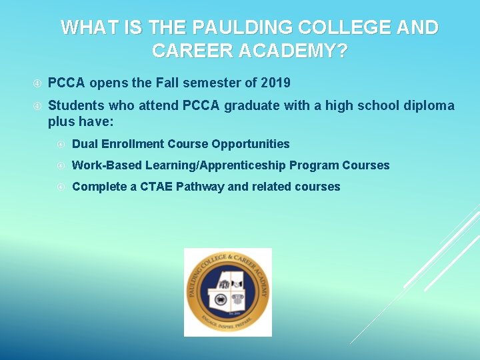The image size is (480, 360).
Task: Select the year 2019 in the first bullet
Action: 275,83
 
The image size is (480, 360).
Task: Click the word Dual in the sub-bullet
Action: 85,144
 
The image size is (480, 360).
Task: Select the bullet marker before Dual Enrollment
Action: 61,145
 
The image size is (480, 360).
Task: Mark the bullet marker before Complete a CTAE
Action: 61,187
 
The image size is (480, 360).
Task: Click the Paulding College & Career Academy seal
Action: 227,292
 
